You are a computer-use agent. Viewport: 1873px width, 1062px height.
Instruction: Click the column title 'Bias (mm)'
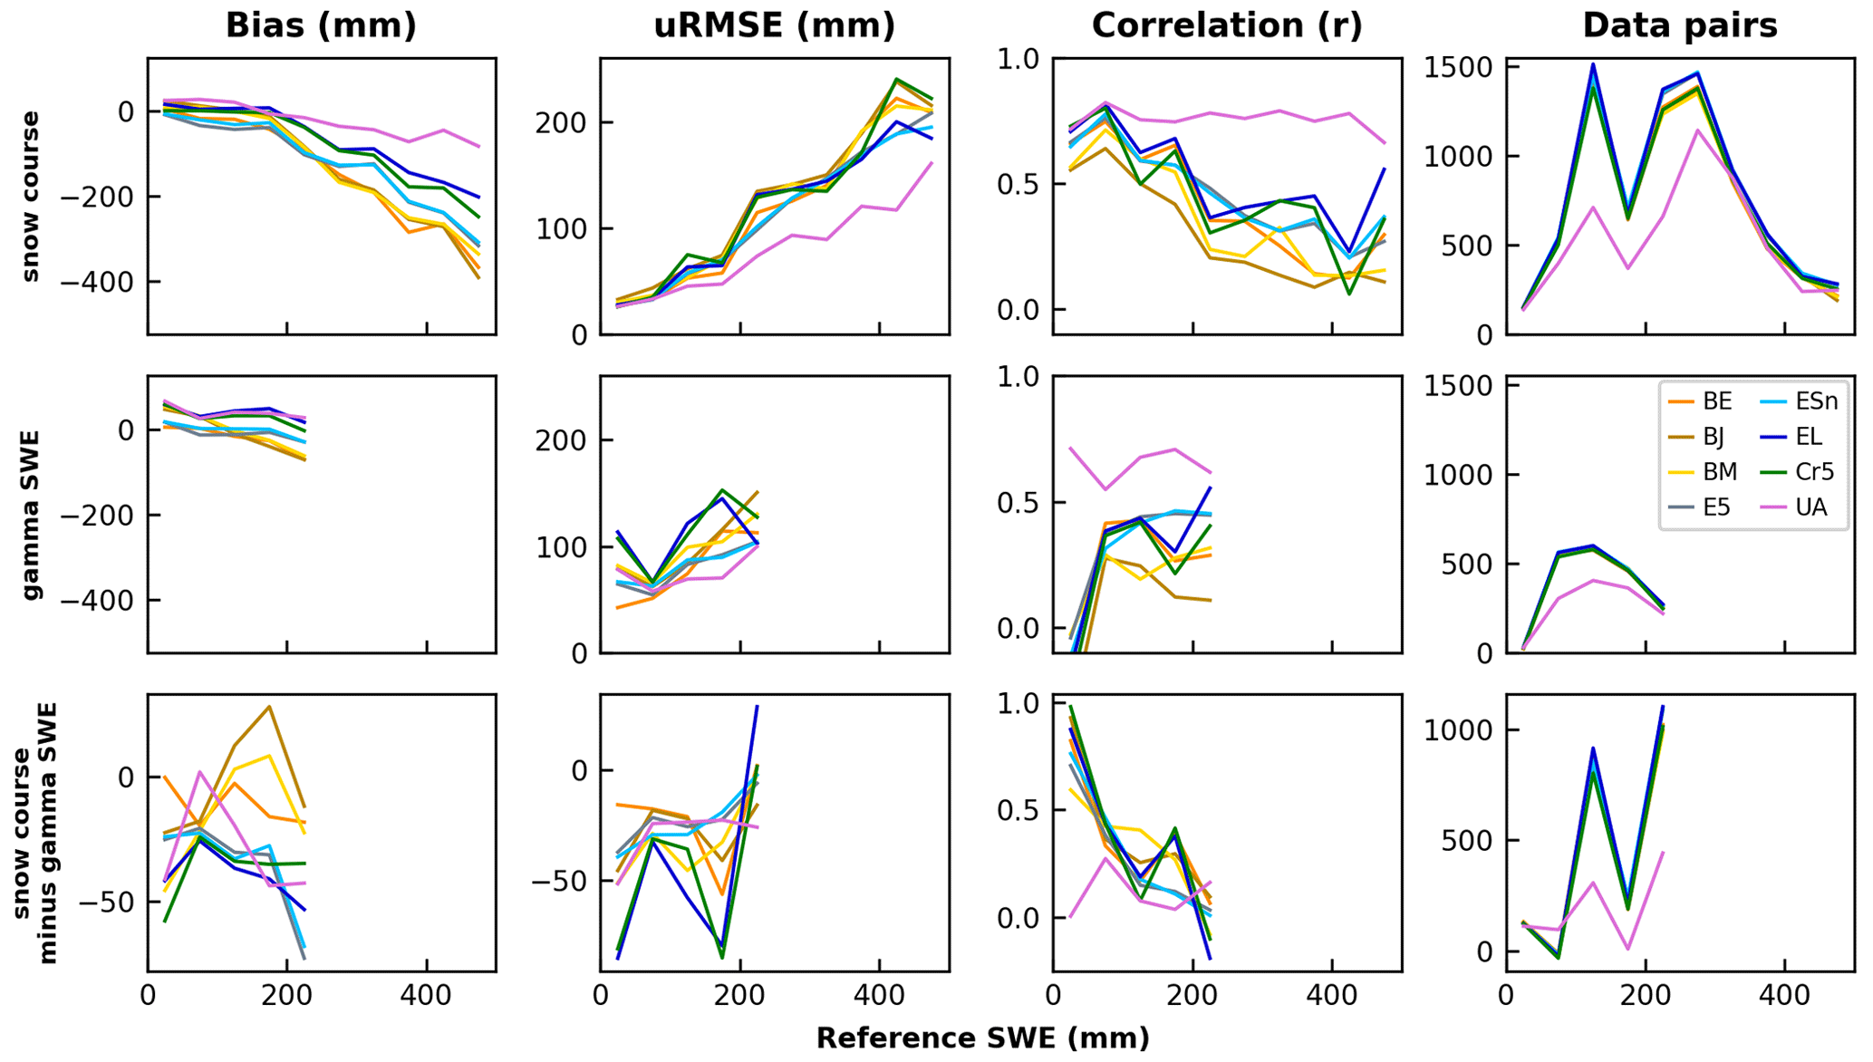pyautogui.click(x=321, y=25)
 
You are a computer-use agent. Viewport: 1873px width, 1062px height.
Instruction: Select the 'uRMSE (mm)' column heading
pyautogui.click(x=774, y=25)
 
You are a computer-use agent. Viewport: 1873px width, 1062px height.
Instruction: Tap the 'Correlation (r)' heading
pyautogui.click(x=1227, y=25)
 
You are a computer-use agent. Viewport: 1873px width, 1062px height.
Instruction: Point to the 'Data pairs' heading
pyautogui.click(x=1679, y=25)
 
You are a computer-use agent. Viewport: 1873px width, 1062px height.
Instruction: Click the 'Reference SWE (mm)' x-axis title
pyautogui.click(x=982, y=1038)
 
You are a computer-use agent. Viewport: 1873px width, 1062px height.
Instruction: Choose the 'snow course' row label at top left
pyautogui.click(x=30, y=197)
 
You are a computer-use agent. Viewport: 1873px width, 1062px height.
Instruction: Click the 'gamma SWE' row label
pyautogui.click(x=30, y=515)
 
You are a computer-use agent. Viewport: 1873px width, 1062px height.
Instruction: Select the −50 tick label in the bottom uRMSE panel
pyautogui.click(x=558, y=881)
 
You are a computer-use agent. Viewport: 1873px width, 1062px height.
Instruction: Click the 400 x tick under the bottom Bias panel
pyautogui.click(x=426, y=996)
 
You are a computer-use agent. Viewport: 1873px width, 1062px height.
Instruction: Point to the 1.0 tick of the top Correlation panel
pyautogui.click(x=1019, y=60)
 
